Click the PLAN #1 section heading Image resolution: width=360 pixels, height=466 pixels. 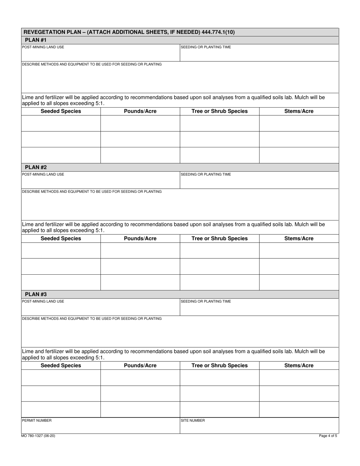point(36,40)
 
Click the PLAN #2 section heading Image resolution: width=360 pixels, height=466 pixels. point(36,167)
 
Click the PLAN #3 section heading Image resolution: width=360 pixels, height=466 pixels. point(36,294)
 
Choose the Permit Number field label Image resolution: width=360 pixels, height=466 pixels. point(37,421)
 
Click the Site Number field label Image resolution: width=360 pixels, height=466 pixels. point(193,421)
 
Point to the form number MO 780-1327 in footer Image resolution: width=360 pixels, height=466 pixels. point(38,436)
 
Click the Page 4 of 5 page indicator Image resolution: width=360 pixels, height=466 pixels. point(328,436)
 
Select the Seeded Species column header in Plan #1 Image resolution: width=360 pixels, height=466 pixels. point(61,111)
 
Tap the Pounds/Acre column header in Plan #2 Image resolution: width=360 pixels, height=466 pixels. point(140,239)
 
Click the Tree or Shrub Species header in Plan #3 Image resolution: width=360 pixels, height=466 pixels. point(219,366)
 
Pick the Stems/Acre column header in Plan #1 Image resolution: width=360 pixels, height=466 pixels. point(299,111)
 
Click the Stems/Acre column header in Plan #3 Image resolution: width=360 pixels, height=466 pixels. point(299,366)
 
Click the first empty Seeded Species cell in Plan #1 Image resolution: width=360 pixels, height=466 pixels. point(61,124)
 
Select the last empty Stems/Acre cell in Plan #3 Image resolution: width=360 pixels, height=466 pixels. point(299,409)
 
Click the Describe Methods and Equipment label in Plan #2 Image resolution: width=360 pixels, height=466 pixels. point(92,192)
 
